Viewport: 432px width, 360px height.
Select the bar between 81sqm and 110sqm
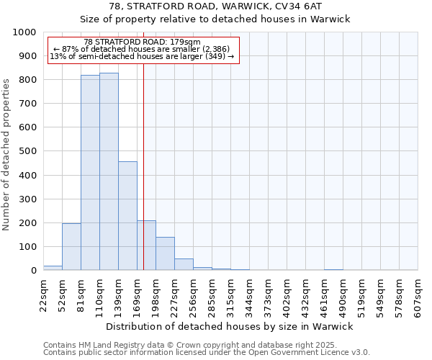(x=90, y=173)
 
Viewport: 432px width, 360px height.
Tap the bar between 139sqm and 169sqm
(x=127, y=216)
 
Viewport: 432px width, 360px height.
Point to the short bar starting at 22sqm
(x=53, y=268)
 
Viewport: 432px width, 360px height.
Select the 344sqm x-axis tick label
(x=249, y=295)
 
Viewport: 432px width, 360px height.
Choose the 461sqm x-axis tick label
(x=324, y=295)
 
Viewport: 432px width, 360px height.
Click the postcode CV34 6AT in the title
(x=307, y=6)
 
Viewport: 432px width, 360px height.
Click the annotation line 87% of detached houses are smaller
(x=141, y=49)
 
